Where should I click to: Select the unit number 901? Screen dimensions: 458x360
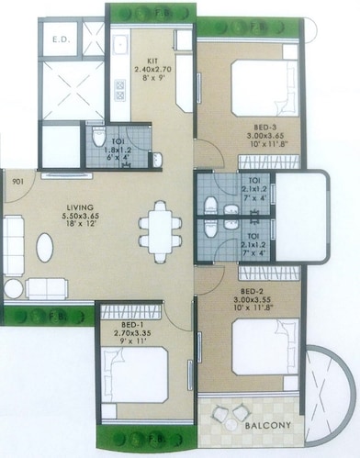point(17,181)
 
